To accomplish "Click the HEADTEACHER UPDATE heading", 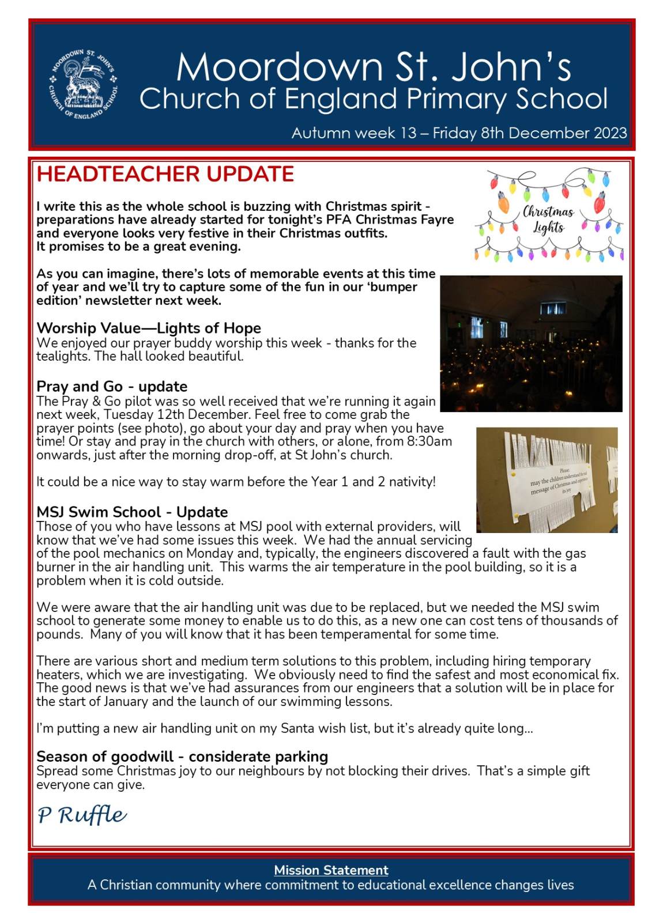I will (x=165, y=174).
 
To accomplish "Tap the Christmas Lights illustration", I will (x=548, y=216).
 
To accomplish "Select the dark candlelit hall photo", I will (x=530, y=343).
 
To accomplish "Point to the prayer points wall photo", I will (x=547, y=479).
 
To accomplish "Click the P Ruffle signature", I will (x=82, y=815).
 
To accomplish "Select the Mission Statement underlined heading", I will (x=331, y=870).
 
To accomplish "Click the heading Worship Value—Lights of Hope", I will (x=149, y=328).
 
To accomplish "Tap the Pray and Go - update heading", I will (x=112, y=386).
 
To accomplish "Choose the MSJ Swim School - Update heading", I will (x=132, y=512).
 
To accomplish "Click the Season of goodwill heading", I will (x=182, y=756).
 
